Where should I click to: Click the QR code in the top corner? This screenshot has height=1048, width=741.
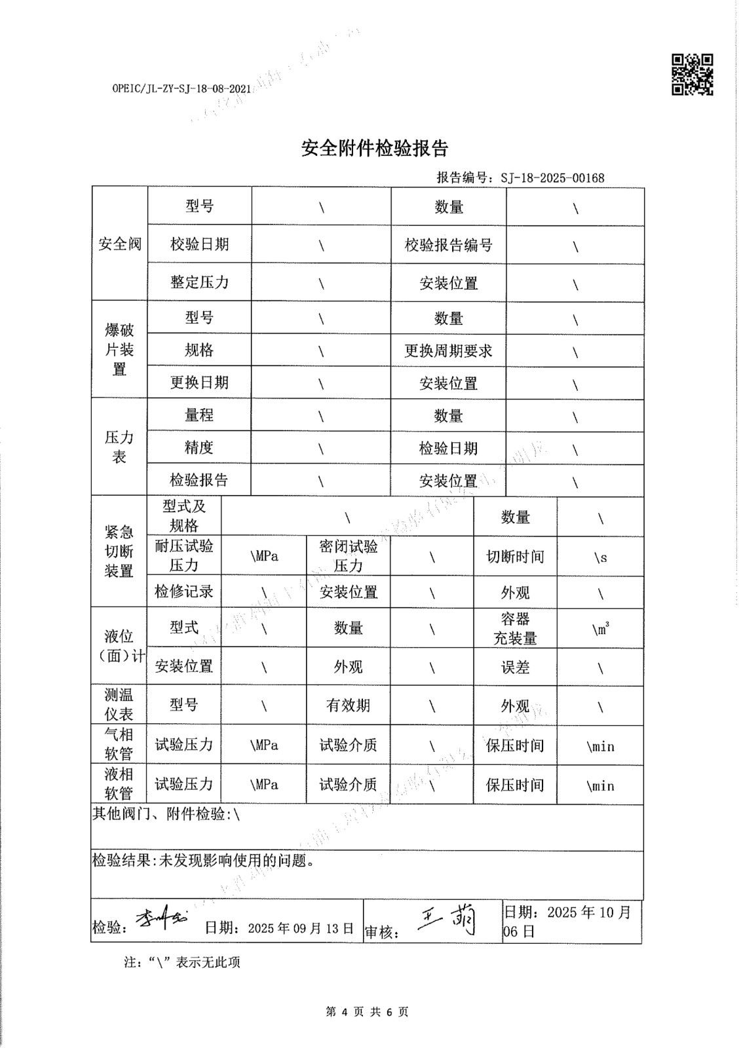point(692,74)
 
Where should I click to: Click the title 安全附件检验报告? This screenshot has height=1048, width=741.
point(374,149)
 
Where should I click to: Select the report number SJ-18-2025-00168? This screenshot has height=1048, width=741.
point(552,178)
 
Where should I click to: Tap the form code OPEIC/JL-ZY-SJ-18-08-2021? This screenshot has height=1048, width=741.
point(181,88)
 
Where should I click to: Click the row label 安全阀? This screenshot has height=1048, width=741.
point(119,244)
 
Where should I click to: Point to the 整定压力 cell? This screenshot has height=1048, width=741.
point(199,282)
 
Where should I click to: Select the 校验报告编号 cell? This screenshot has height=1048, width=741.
point(448,245)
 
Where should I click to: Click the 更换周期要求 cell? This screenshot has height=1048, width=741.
point(448,351)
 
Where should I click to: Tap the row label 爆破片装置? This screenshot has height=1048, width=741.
point(119,349)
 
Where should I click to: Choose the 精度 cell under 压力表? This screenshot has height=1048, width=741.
point(199,447)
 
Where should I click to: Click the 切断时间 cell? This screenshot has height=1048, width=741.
point(515,557)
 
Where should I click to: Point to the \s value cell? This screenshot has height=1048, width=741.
point(600,557)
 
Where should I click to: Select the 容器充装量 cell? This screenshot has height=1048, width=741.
point(515,629)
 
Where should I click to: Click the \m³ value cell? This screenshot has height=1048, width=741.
point(600,629)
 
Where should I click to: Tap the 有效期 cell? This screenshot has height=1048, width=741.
point(348,705)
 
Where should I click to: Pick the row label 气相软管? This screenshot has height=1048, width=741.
point(119,744)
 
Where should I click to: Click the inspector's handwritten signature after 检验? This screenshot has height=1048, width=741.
point(161,920)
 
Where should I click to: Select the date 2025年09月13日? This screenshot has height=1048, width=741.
point(301,928)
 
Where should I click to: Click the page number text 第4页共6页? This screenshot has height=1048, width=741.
point(367,1012)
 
